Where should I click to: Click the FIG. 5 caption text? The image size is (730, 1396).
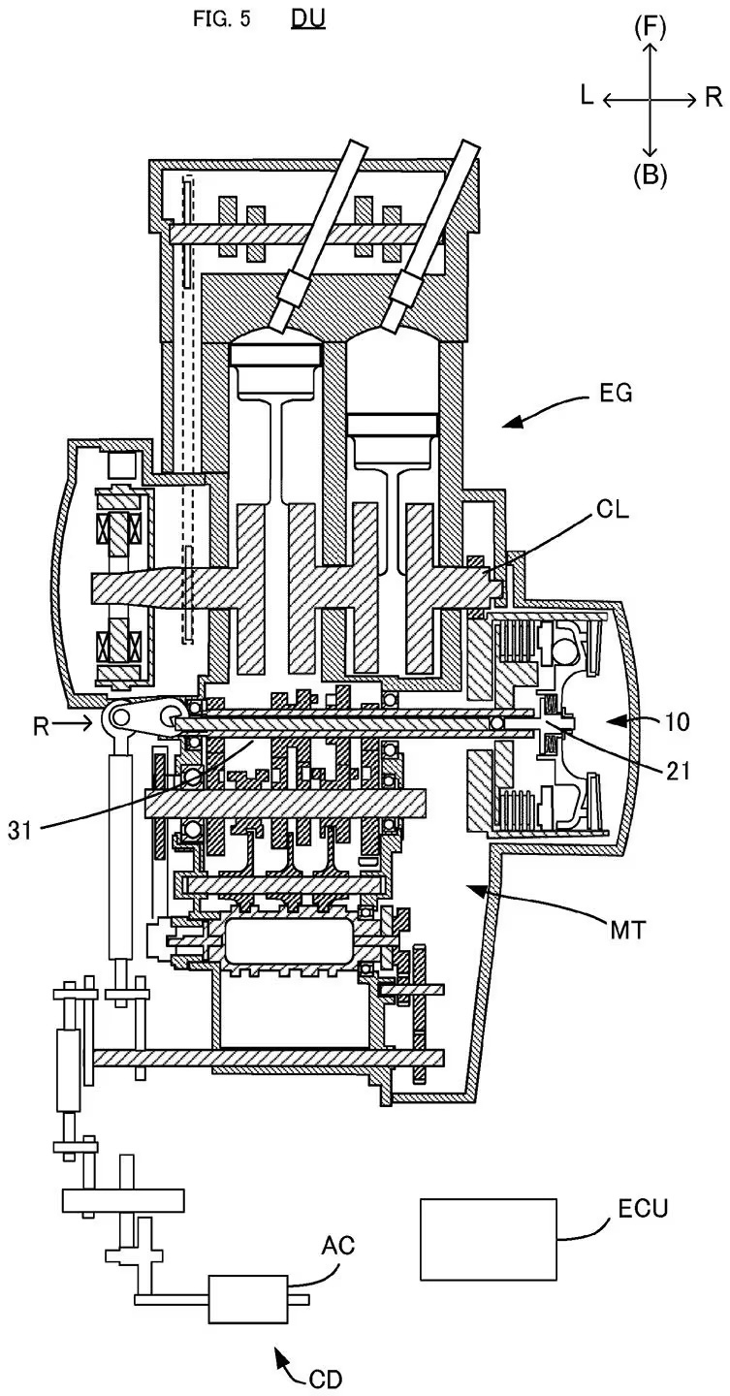pyautogui.click(x=218, y=20)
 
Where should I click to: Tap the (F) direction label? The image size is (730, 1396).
pyautogui.click(x=650, y=27)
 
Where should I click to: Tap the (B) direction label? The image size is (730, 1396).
pyautogui.click(x=650, y=174)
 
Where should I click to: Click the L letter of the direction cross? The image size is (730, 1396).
pyautogui.click(x=587, y=95)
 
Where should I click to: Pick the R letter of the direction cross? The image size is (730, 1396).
pyautogui.click(x=713, y=95)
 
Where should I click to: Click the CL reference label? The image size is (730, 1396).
pyautogui.click(x=613, y=511)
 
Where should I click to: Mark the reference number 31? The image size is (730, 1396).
pyautogui.click(x=20, y=829)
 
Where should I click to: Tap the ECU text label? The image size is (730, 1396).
pyautogui.click(x=642, y=1209)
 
